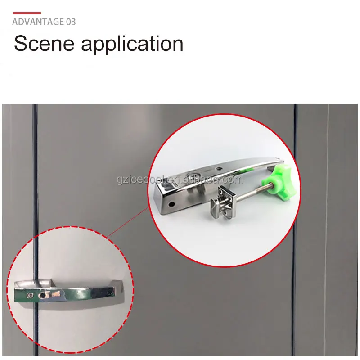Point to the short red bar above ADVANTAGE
27,13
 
